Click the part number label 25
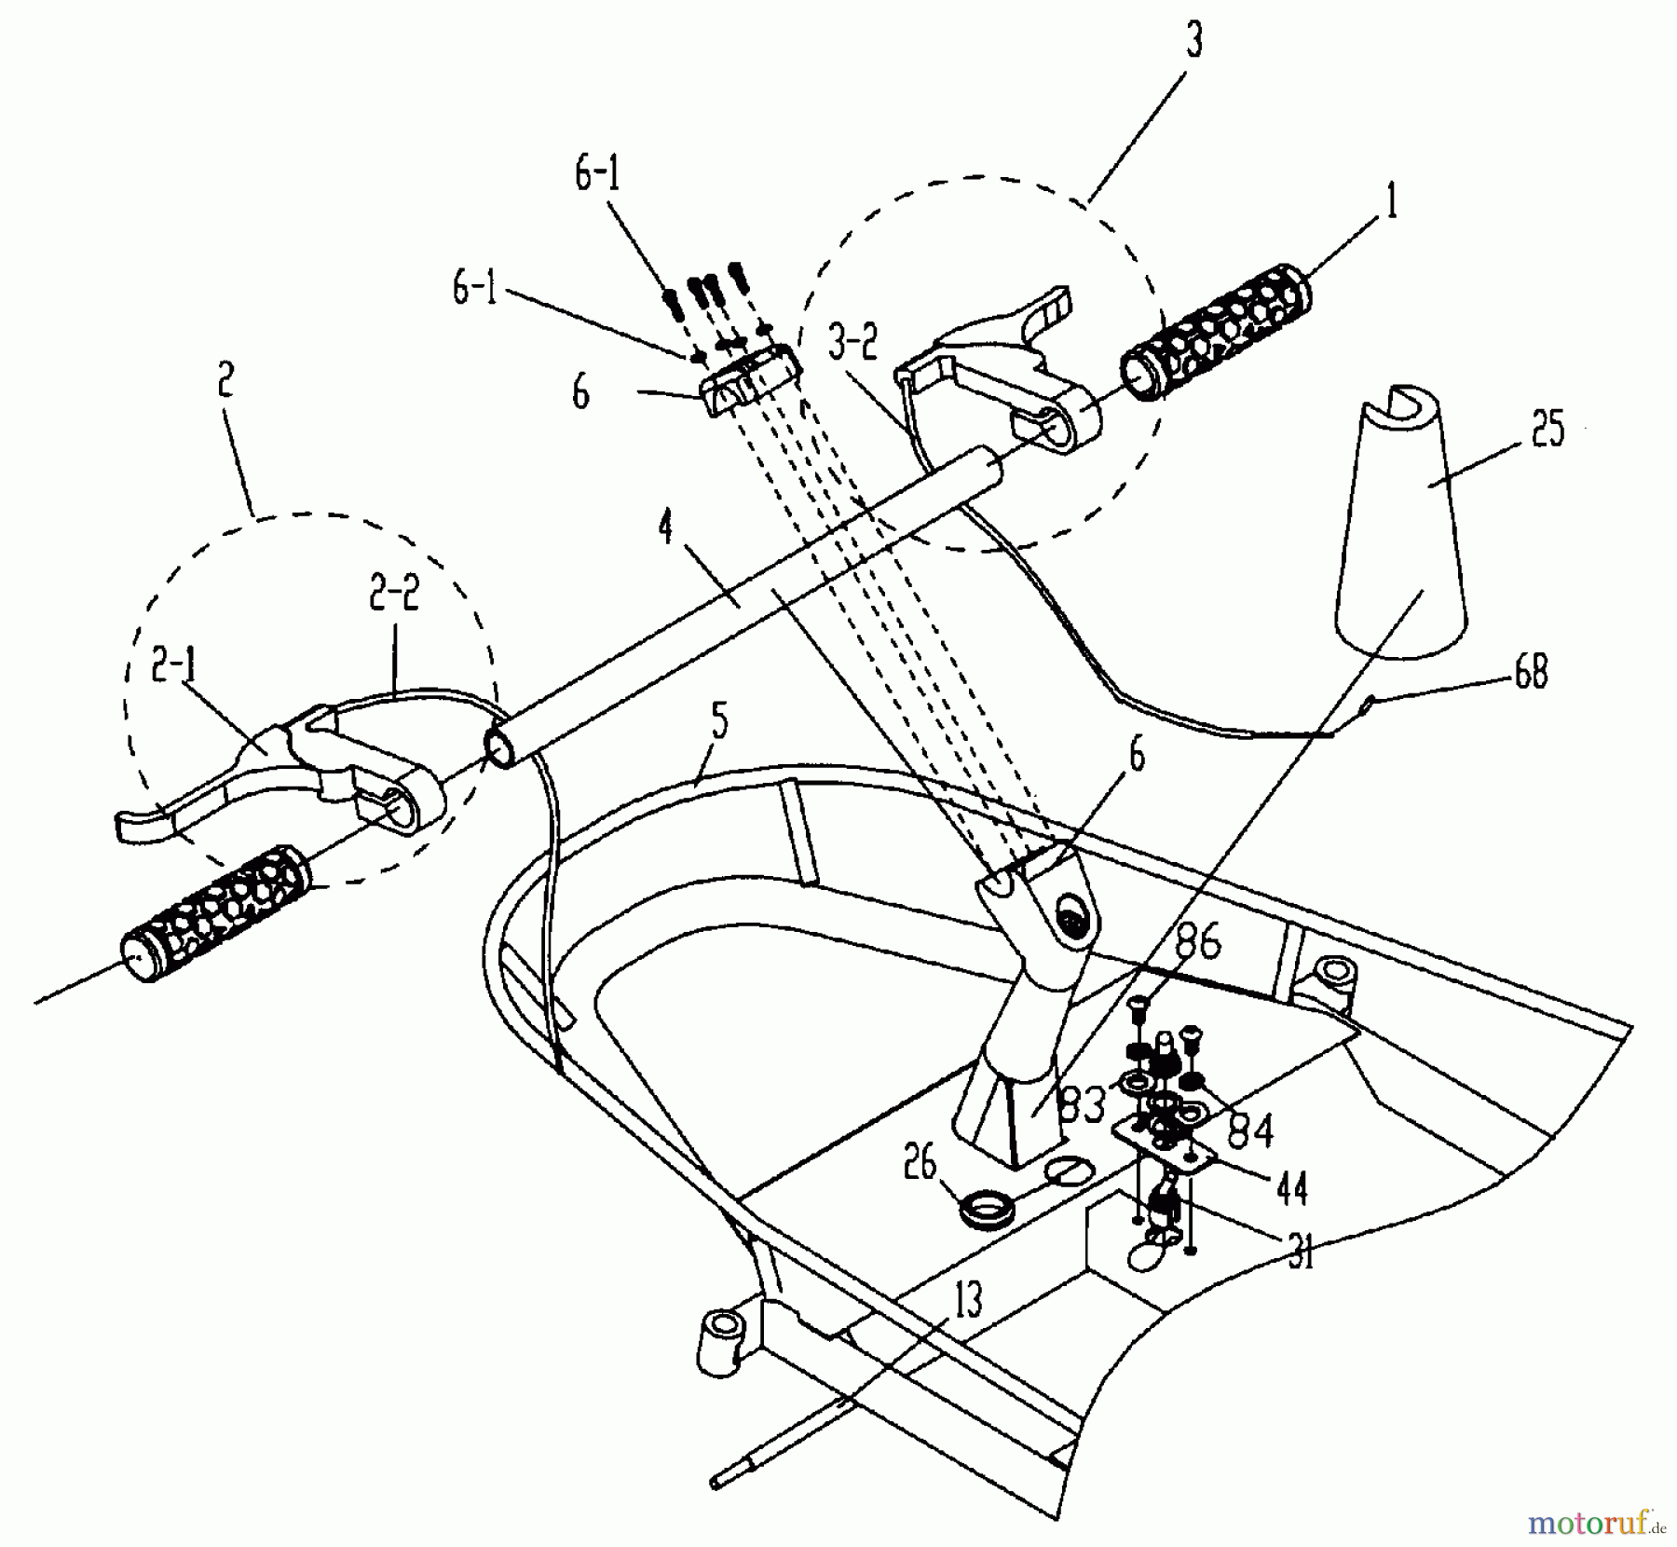coord(1547,432)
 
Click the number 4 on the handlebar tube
coord(664,530)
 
